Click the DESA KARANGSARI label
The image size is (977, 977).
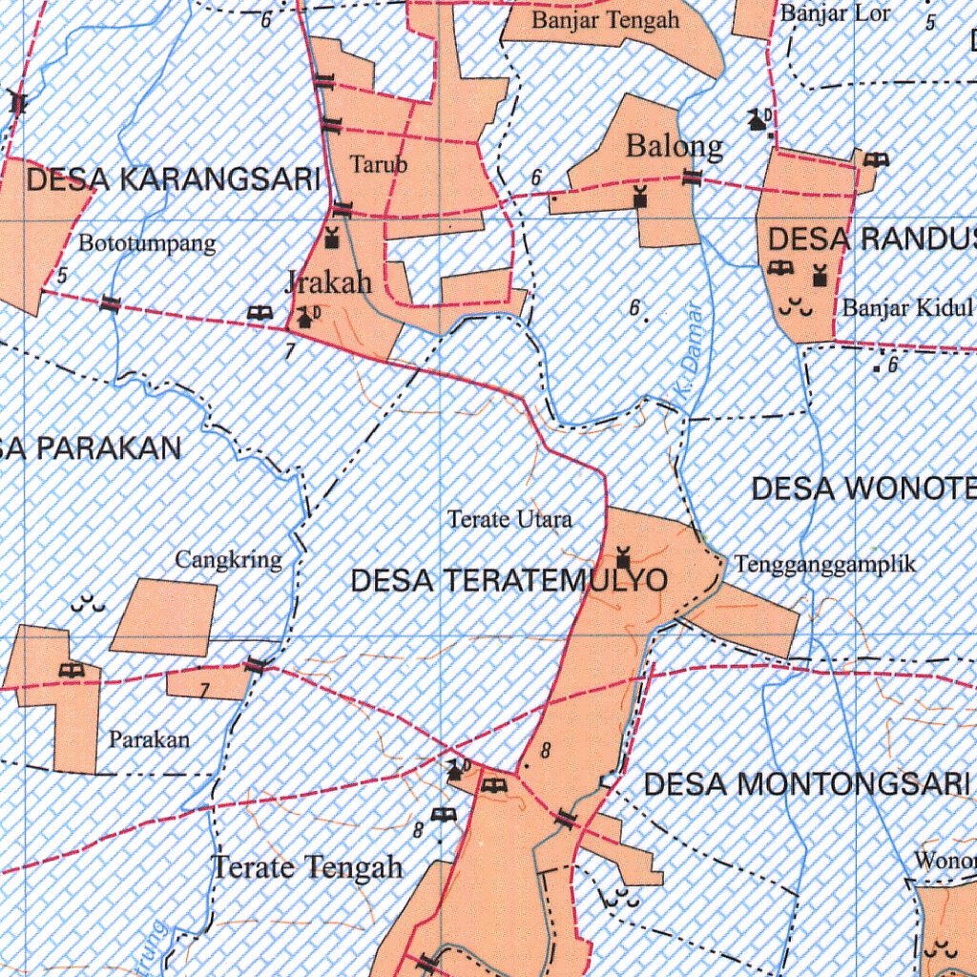(173, 179)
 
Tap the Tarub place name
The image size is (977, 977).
(379, 164)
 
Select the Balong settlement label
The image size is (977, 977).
(674, 147)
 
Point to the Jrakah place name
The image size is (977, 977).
(327, 281)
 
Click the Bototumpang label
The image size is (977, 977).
(147, 243)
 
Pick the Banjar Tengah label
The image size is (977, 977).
(606, 20)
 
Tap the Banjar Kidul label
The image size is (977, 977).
(906, 308)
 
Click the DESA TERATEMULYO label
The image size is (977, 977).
(509, 580)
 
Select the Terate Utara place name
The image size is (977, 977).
(509, 520)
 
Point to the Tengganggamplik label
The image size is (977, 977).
(825, 564)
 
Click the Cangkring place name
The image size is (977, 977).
(228, 560)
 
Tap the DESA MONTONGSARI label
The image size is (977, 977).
(806, 784)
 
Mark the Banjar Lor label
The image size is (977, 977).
(835, 13)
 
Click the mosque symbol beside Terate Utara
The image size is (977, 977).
(623, 554)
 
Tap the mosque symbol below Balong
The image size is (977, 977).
(640, 197)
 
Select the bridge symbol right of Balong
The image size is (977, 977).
(692, 177)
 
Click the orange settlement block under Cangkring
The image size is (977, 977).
(163, 616)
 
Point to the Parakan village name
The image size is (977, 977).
(149, 738)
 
